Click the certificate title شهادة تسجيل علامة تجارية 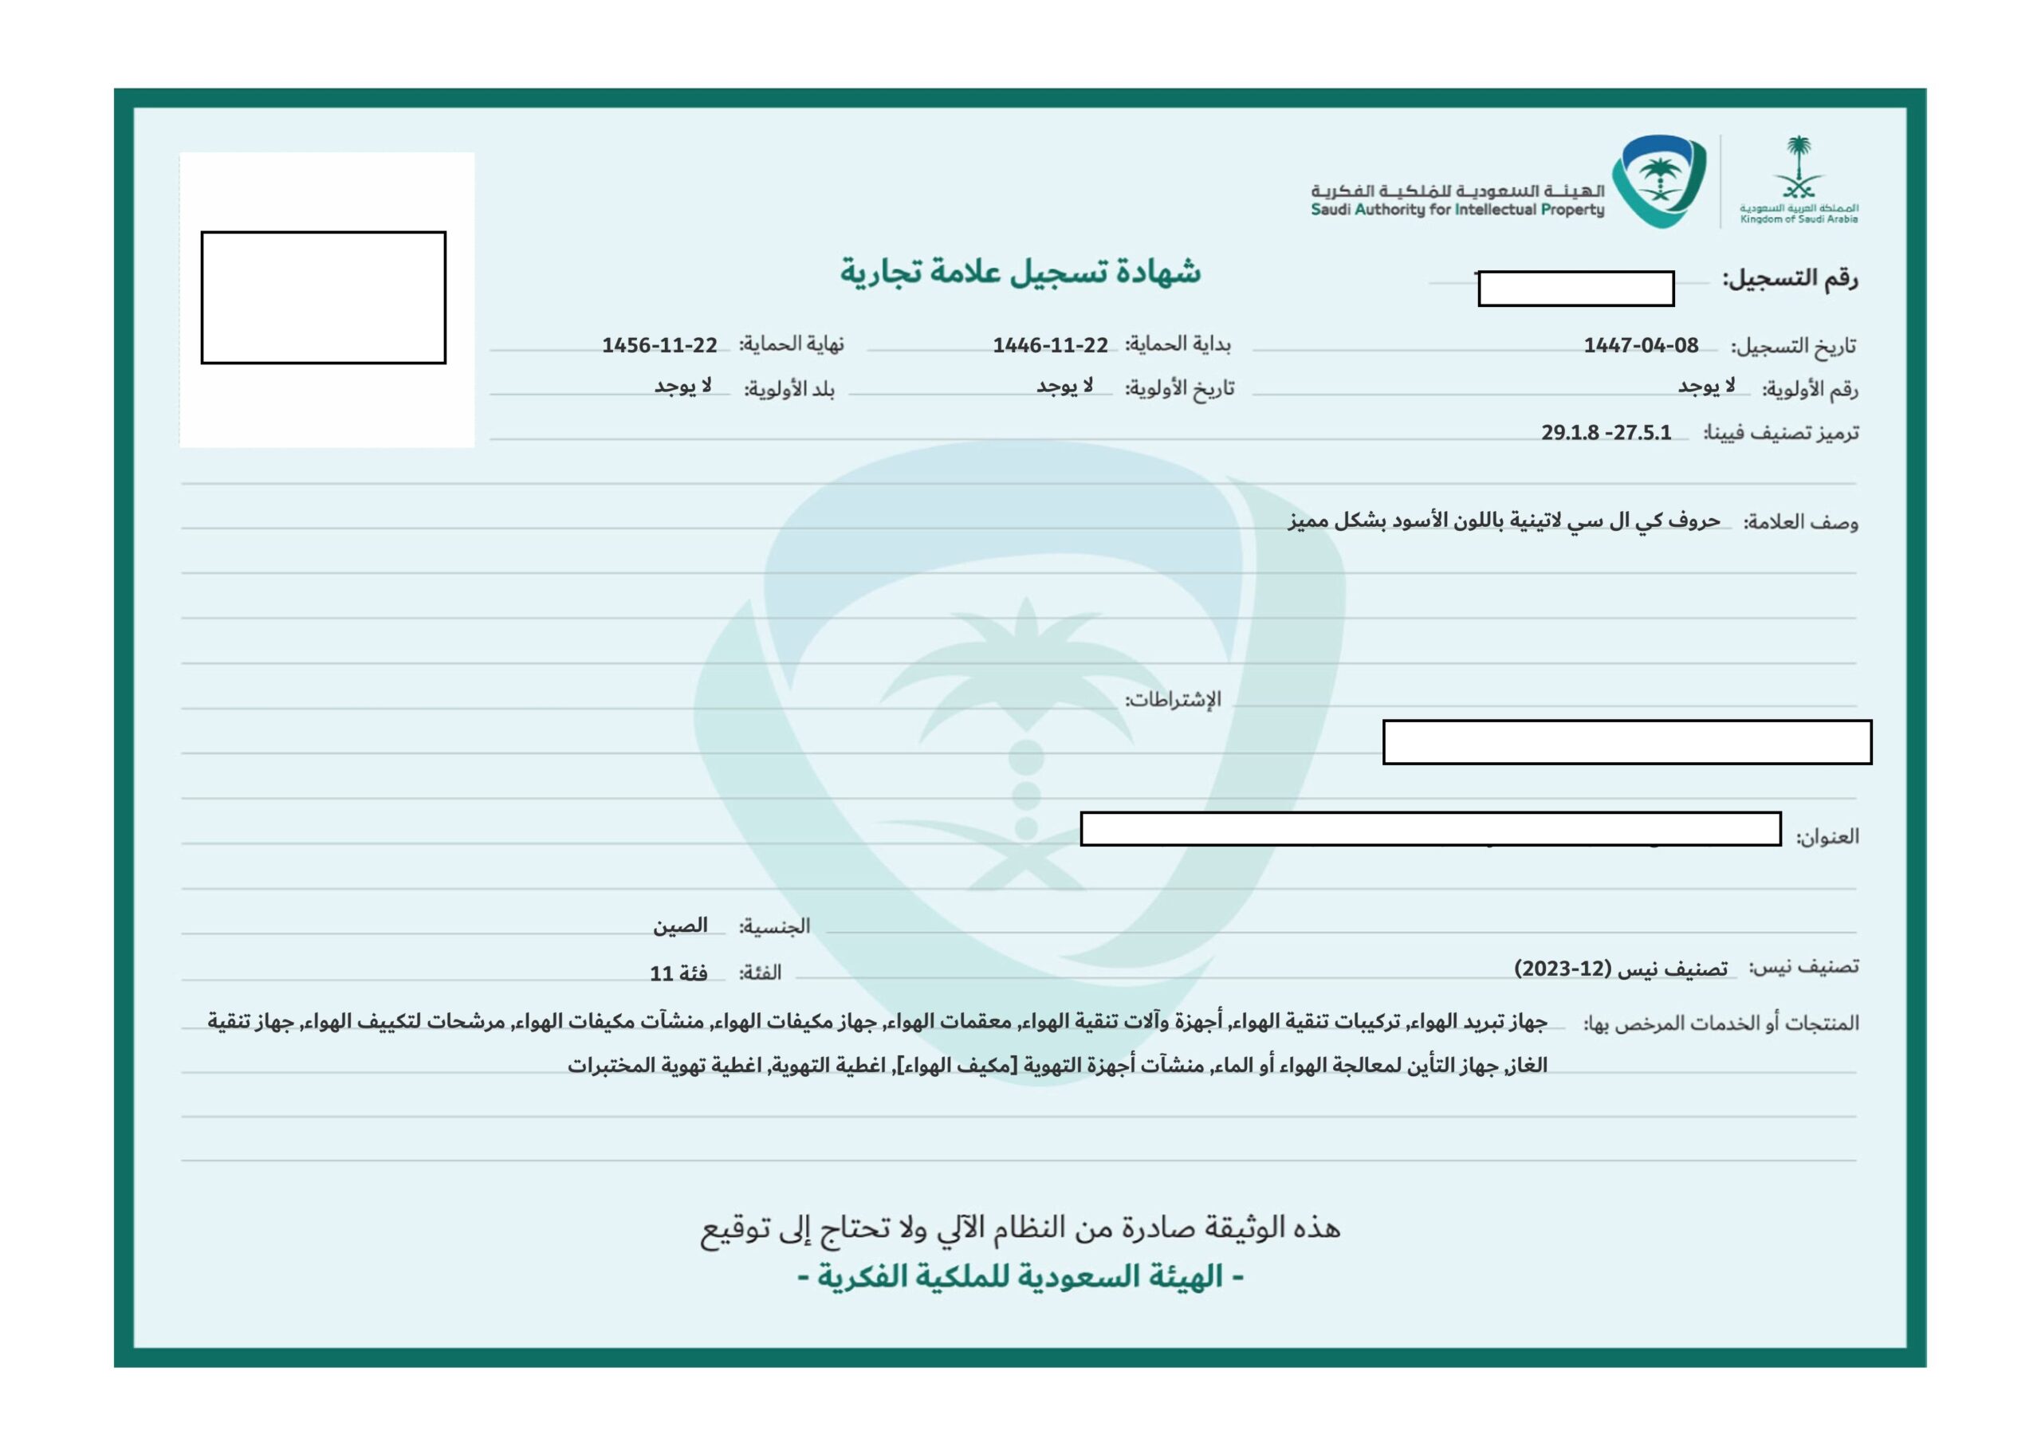[x=1020, y=272]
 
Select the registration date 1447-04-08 [x=1640, y=346]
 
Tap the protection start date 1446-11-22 [x=1050, y=346]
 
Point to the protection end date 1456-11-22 [x=659, y=346]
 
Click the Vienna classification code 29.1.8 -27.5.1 [x=1606, y=433]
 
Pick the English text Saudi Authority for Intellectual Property [x=1457, y=210]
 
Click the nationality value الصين [x=680, y=926]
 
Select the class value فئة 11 [x=678, y=973]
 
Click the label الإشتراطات [x=1174, y=701]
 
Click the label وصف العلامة [x=1800, y=523]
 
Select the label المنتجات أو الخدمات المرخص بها [x=1721, y=1024]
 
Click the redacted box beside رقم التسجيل [x=1575, y=289]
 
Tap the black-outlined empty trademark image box [x=323, y=298]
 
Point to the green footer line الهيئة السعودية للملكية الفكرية [x=1020, y=1278]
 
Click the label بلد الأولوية [x=789, y=389]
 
